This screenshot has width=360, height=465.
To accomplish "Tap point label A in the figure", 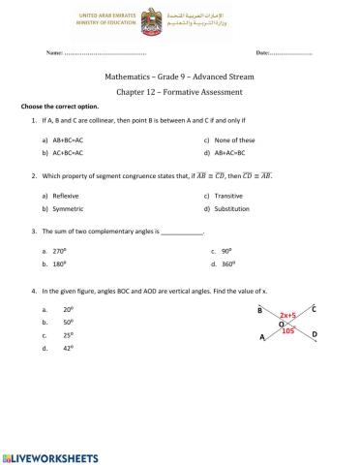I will coord(262,337).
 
